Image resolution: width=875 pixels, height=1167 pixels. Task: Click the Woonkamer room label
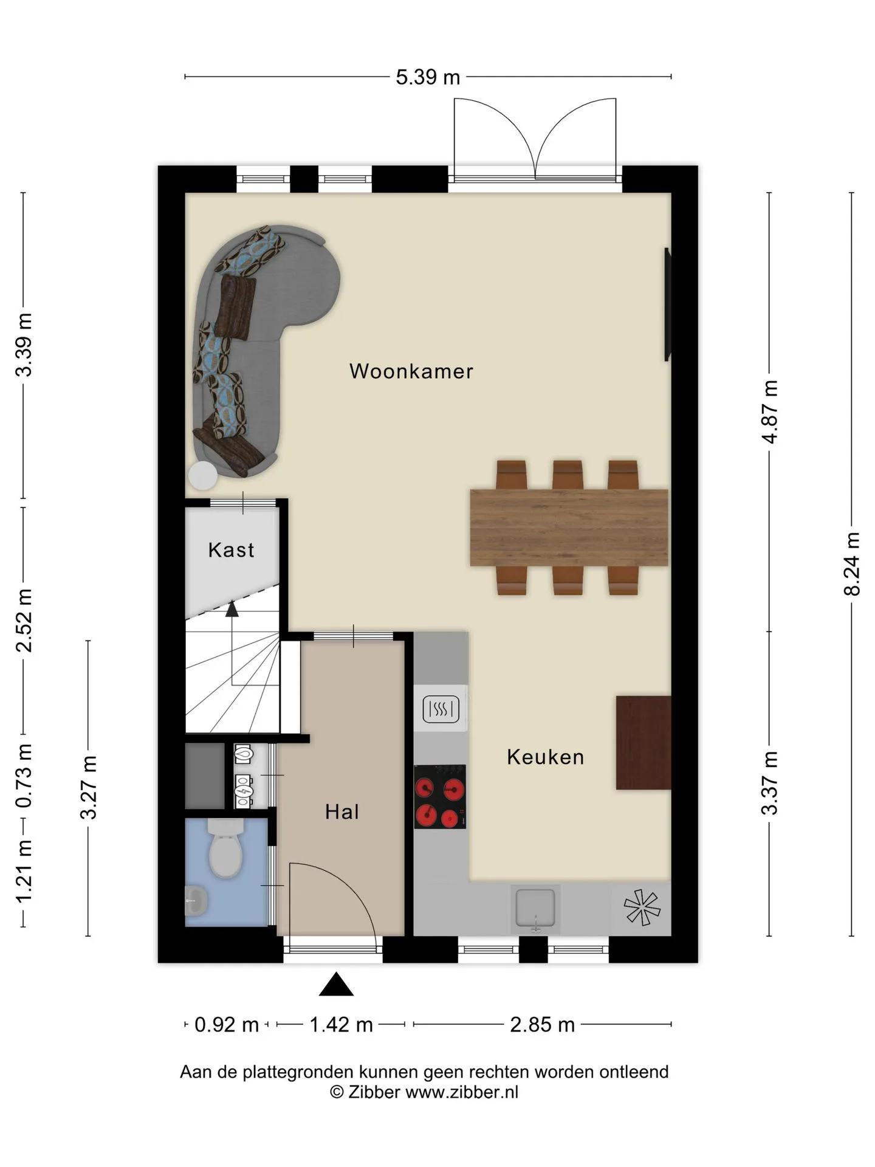click(411, 371)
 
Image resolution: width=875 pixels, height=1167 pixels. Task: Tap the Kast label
click(231, 549)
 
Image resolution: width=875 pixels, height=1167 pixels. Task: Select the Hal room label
click(342, 811)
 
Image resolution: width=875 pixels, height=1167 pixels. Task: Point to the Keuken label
click(545, 757)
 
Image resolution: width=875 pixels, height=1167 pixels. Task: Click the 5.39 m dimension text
click(428, 77)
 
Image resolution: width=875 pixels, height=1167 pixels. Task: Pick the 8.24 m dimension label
click(852, 563)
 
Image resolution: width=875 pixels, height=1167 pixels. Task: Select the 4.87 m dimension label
click(770, 411)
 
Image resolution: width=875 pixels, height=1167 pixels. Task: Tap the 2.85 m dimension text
click(542, 1025)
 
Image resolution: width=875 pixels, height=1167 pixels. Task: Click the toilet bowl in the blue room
click(225, 849)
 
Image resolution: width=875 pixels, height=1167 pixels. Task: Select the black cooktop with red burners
click(440, 796)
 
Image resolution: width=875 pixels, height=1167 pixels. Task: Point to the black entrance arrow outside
click(336, 985)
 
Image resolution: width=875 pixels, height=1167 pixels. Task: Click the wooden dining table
click(569, 528)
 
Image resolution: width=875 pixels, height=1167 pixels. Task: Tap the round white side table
click(202, 476)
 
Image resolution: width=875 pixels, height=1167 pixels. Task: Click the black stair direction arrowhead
click(232, 609)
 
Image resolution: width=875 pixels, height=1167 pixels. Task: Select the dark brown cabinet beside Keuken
click(643, 743)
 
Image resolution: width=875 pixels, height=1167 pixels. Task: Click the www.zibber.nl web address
click(462, 1092)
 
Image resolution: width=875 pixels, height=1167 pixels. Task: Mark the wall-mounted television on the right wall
click(667, 304)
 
